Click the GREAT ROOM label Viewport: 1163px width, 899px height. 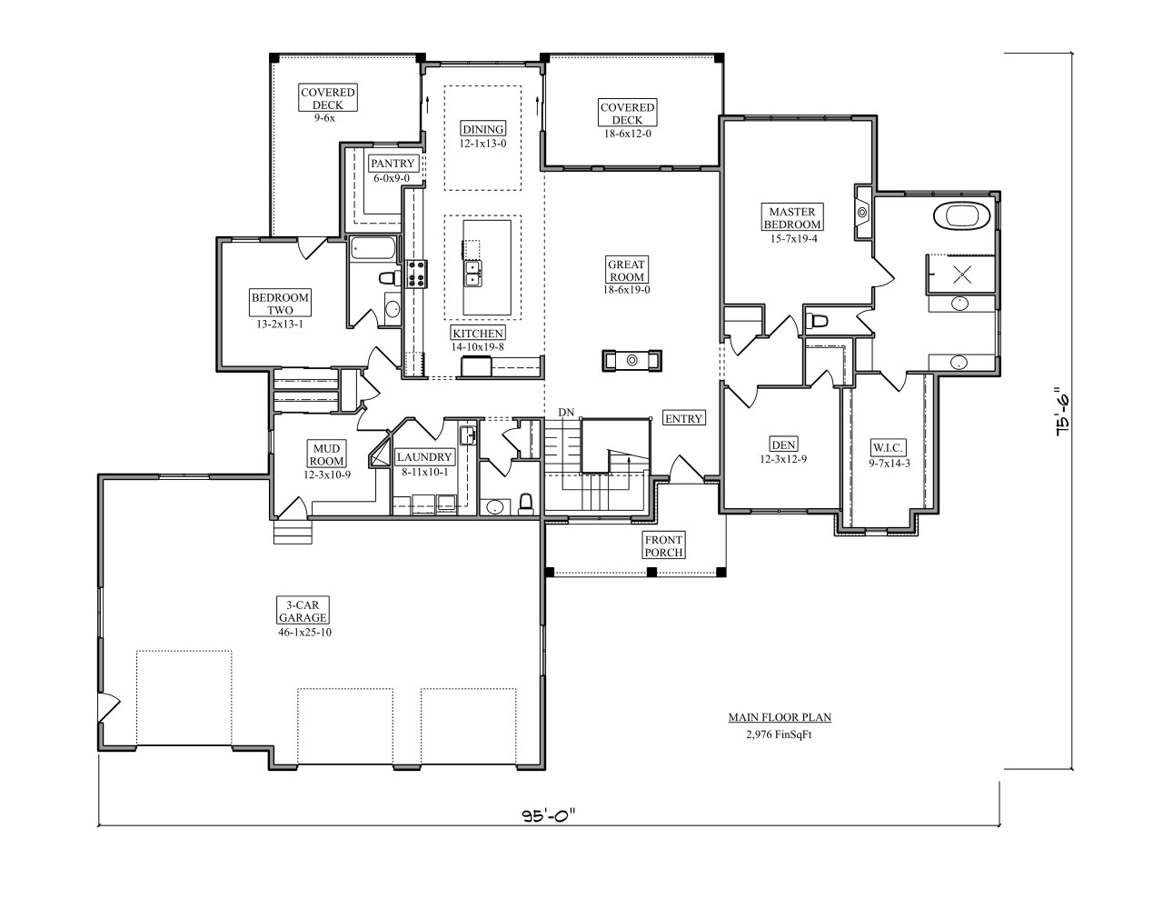pyautogui.click(x=626, y=271)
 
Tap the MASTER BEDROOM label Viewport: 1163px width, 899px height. pyautogui.click(x=792, y=217)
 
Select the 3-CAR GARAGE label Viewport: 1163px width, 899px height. pyautogui.click(x=303, y=611)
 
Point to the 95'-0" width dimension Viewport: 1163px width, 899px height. pyautogui.click(x=550, y=815)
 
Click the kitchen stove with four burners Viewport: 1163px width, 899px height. pyautogui.click(x=416, y=273)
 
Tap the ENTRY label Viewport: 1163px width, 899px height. pyautogui.click(x=683, y=418)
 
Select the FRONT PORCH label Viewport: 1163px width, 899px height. pyautogui.click(x=663, y=545)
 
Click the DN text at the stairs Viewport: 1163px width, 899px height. pyautogui.click(x=566, y=413)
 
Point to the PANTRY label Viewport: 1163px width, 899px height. pyautogui.click(x=393, y=164)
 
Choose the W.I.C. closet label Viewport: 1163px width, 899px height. pyautogui.click(x=887, y=447)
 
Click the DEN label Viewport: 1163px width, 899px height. pyautogui.click(x=783, y=445)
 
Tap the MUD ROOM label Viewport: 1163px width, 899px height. pyautogui.click(x=326, y=454)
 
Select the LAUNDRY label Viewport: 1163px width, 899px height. pyautogui.click(x=423, y=456)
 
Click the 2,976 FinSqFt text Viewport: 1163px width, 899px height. pyautogui.click(x=779, y=734)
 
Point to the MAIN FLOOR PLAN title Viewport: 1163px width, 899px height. pyautogui.click(x=779, y=717)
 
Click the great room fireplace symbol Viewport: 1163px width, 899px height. pyautogui.click(x=632, y=360)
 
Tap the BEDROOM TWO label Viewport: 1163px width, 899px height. pyautogui.click(x=280, y=304)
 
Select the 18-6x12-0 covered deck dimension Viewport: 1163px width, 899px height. pyautogui.click(x=627, y=134)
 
